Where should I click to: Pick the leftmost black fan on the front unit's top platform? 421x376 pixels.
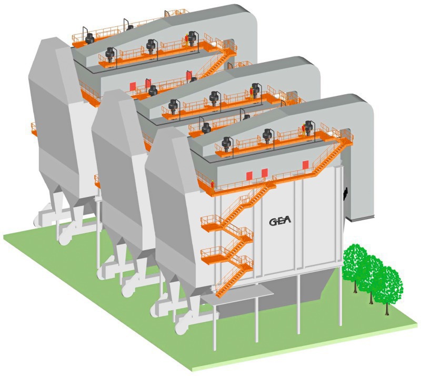[x=227, y=144]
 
